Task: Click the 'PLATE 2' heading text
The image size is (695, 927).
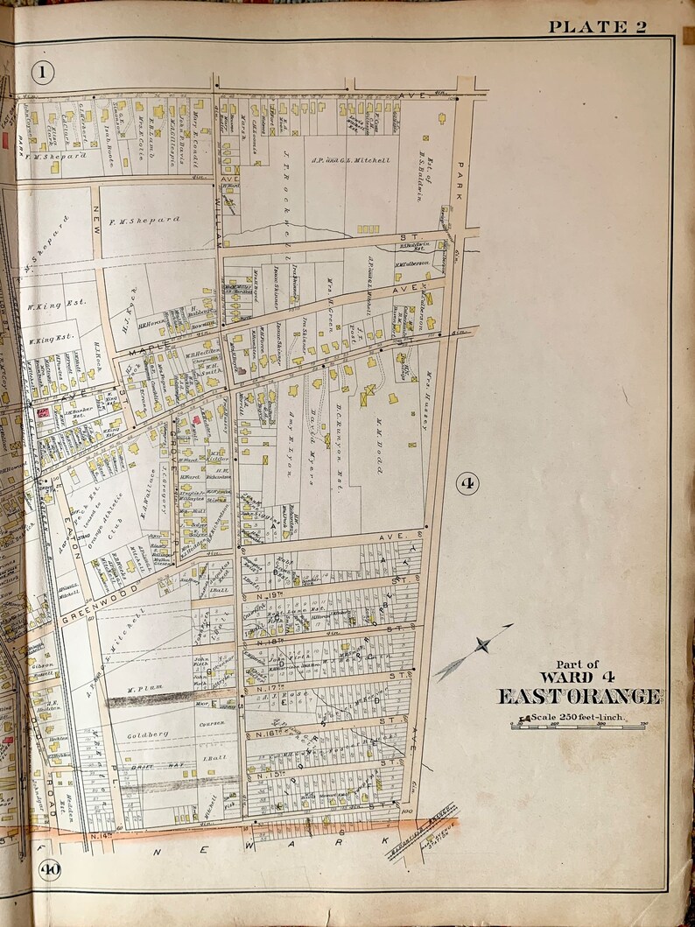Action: click(x=597, y=26)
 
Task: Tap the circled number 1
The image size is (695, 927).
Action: click(x=41, y=71)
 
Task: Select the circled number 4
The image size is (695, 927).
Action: click(x=467, y=482)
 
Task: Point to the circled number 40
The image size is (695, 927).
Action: click(x=49, y=869)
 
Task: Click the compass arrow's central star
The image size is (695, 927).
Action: click(x=481, y=647)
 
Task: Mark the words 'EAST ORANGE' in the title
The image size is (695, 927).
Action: click(x=579, y=696)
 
